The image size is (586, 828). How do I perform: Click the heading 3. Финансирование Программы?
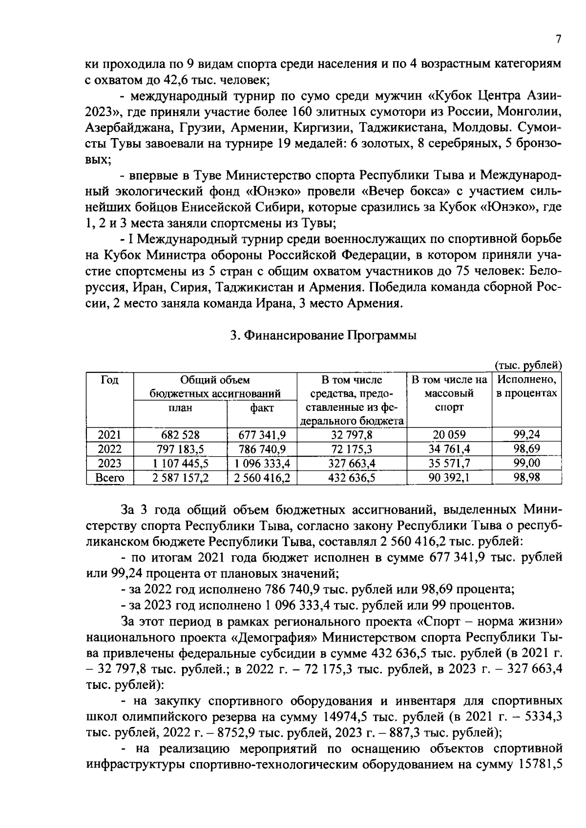point(323,336)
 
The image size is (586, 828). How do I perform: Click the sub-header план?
point(180,407)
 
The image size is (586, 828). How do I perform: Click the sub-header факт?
point(262,407)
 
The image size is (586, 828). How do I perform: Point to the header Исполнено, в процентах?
point(527,386)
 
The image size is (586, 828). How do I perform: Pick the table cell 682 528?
point(180,435)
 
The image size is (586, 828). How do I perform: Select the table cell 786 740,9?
point(262,449)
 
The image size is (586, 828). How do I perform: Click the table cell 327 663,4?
point(352,464)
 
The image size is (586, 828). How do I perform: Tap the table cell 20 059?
point(449,435)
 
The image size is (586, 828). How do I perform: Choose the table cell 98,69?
point(527,449)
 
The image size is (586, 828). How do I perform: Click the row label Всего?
point(110,478)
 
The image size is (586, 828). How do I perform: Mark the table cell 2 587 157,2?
point(180,478)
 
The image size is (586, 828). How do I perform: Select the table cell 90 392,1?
point(449,478)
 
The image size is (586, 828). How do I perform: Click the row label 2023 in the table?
point(110,464)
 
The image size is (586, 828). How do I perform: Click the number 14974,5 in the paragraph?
point(344,717)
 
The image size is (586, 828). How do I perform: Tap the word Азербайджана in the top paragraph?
point(129,127)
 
